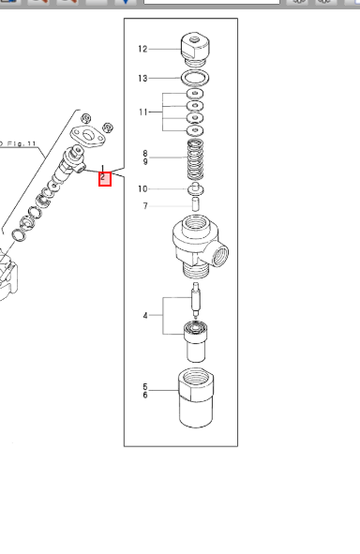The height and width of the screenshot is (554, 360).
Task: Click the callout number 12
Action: [142, 49]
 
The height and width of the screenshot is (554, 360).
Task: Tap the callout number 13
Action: [142, 78]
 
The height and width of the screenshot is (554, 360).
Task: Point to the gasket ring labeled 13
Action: [195, 77]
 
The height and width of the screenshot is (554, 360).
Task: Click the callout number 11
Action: [142, 112]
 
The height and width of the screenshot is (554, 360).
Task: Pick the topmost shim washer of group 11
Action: [195, 95]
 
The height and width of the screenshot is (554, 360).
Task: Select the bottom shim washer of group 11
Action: [195, 129]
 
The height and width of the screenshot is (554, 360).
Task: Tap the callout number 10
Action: [142, 189]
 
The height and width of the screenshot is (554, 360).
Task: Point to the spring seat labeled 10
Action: [196, 187]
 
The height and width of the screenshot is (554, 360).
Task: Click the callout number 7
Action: [145, 206]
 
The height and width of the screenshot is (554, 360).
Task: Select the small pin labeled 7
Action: [196, 202]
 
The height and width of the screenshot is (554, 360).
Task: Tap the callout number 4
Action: [145, 316]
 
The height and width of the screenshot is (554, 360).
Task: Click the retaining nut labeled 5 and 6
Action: [197, 400]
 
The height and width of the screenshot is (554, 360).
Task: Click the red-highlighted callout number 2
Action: [104, 178]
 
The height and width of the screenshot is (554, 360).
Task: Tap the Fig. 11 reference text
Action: [20, 142]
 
